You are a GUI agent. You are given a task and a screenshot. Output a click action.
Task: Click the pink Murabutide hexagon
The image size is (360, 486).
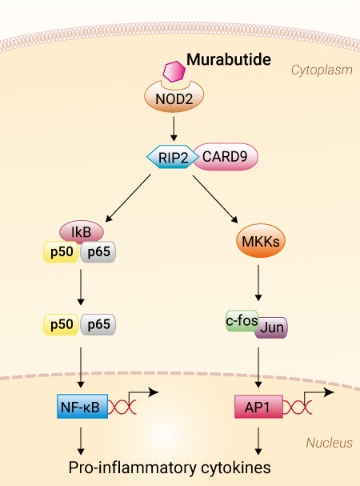pyautogui.click(x=174, y=71)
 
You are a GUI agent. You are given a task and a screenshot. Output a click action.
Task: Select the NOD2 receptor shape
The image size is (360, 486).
pyautogui.click(x=174, y=98)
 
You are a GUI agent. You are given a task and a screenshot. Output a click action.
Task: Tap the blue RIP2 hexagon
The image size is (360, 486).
pyautogui.click(x=173, y=157)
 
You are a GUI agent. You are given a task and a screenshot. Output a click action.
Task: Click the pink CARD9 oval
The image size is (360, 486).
pyautogui.click(x=226, y=156)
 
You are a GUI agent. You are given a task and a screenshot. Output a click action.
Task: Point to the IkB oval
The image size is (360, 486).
pyautogui.click(x=82, y=232)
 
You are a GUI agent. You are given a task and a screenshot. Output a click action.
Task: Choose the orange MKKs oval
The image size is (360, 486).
pyautogui.click(x=261, y=241)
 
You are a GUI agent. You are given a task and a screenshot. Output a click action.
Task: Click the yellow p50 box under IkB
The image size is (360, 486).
pyautogui.click(x=61, y=251)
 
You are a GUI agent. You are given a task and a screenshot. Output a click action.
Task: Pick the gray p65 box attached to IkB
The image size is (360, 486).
pyautogui.click(x=98, y=251)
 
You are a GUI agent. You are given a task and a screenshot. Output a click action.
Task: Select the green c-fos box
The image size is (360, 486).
pyautogui.click(x=242, y=321)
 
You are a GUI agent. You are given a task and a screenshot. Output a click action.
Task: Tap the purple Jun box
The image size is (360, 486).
pyautogui.click(x=272, y=327)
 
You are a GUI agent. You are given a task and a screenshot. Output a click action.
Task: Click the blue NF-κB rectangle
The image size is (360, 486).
pyautogui.click(x=82, y=407)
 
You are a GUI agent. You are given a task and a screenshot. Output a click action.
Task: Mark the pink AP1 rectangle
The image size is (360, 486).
pyautogui.click(x=258, y=407)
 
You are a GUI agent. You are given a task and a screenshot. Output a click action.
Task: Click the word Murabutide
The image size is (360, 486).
pyautogui.click(x=229, y=59)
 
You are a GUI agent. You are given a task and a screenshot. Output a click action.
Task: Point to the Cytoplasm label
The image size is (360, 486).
pyautogui.click(x=322, y=70)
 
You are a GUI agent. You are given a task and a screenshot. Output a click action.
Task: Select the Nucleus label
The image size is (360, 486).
pyautogui.click(x=330, y=443)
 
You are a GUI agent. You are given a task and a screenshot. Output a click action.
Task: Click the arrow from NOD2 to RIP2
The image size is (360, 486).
pyautogui.click(x=174, y=129)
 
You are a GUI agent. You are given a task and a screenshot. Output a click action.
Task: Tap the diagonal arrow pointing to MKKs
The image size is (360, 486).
pyautogui.click(x=215, y=199)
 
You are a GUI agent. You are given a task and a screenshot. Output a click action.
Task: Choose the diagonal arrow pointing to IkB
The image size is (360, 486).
pyautogui.click(x=128, y=198)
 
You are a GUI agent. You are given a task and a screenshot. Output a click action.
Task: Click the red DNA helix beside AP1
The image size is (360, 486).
pyautogui.click(x=298, y=407)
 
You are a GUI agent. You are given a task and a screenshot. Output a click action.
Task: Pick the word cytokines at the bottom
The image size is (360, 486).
pyautogui.click(x=236, y=468)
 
